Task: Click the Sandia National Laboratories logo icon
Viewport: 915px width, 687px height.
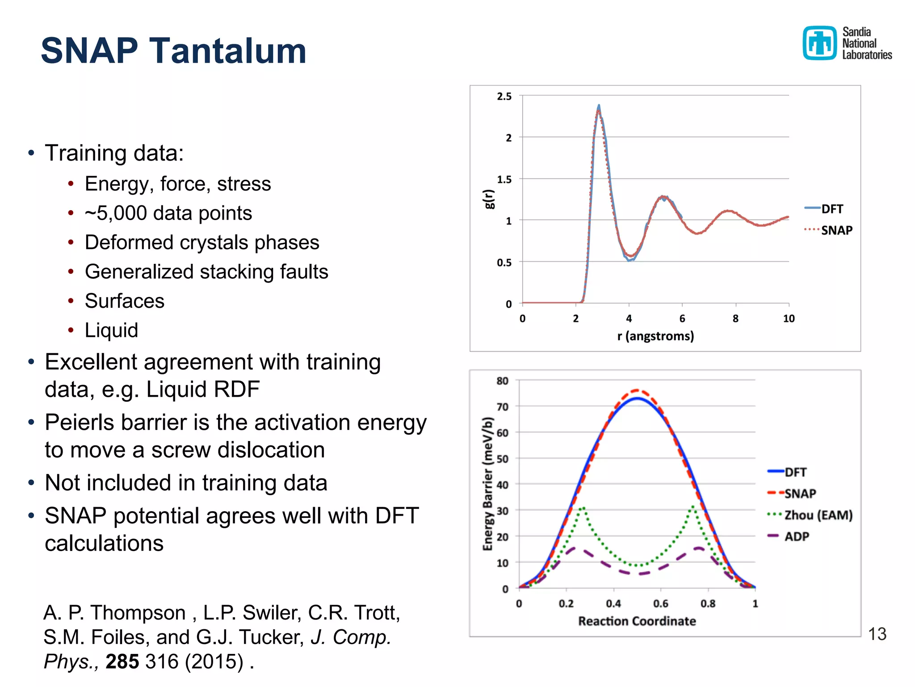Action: (x=819, y=43)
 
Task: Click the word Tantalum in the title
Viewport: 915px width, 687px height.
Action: (x=227, y=51)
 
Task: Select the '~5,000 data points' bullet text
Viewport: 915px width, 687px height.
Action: (x=168, y=213)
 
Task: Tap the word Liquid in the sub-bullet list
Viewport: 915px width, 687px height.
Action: (x=111, y=331)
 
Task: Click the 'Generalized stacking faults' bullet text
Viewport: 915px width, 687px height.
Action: (x=206, y=271)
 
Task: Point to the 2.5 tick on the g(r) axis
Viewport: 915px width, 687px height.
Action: (x=504, y=96)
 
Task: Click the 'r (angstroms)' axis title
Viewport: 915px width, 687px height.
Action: (x=655, y=336)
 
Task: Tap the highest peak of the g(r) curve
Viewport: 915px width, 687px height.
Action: (x=599, y=106)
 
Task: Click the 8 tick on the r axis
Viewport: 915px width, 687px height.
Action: (x=735, y=318)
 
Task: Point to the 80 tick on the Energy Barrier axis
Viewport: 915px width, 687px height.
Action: (x=502, y=381)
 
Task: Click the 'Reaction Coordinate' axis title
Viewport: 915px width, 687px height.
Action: (x=637, y=621)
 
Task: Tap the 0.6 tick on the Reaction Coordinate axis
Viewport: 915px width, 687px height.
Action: (x=660, y=604)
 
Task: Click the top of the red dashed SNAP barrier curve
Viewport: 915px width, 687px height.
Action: (x=637, y=390)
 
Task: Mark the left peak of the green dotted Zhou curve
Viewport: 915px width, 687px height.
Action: (x=583, y=508)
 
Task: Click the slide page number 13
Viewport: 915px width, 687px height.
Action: (x=877, y=634)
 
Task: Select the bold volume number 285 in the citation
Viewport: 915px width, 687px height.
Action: (x=122, y=662)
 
